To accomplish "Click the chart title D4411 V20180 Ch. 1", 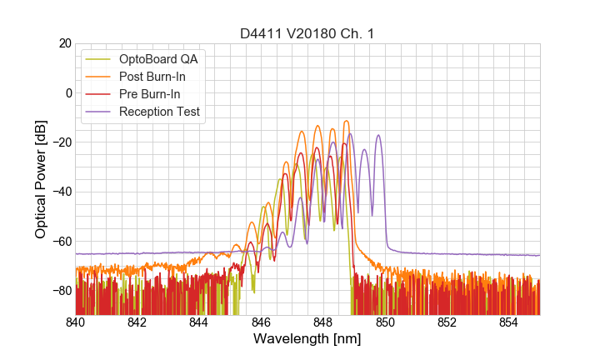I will pos(307,34).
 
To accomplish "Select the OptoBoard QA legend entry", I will pos(159,59).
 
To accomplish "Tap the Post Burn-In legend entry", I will pos(152,77).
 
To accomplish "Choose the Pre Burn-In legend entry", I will pos(149,94).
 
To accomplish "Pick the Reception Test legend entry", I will pos(159,112).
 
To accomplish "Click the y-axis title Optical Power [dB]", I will pos(40,178).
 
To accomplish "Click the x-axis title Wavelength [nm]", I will pos(307,339).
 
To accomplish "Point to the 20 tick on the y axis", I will pos(63,43).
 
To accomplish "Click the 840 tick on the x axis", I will pos(75,322).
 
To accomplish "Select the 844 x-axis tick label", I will pos(199,322).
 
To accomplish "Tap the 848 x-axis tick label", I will pos(322,322).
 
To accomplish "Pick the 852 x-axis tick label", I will pos(447,322).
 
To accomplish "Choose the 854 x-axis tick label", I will pos(508,322).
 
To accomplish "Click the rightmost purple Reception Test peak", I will pos(378,135).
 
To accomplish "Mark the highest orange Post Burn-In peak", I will pos(345,122).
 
